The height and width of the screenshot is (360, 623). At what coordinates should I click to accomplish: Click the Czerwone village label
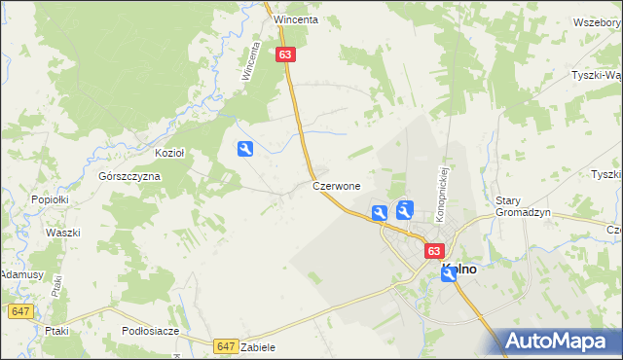(337, 185)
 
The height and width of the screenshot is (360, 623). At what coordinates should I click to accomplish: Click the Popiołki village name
(48, 198)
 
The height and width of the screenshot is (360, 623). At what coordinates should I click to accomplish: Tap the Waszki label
(62, 234)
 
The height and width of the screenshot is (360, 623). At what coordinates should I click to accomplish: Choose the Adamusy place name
(21, 275)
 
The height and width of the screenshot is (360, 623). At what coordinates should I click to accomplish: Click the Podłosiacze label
(151, 331)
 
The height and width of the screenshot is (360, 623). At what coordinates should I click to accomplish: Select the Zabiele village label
(259, 347)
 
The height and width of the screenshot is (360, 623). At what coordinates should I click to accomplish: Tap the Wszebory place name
(597, 21)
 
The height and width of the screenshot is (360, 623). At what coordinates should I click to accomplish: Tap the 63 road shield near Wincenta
(284, 55)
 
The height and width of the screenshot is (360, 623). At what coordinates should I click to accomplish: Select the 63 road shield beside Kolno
(434, 251)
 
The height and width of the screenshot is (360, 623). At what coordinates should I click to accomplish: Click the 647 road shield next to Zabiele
(226, 345)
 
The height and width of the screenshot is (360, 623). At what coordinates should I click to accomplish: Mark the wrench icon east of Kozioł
(246, 149)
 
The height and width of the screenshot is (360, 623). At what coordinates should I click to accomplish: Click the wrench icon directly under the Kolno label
(449, 274)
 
